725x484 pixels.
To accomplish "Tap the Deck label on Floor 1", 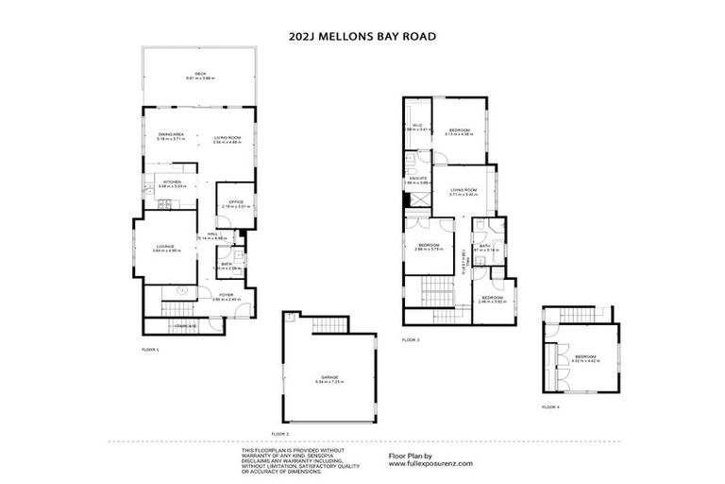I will click(199, 73).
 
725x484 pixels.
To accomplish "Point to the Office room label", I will click(234, 203).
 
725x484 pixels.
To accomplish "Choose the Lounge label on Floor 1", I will click(166, 248).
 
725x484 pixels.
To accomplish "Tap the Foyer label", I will click(227, 295).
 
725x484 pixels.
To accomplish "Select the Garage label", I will click(329, 379).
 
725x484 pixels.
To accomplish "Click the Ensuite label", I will click(417, 178).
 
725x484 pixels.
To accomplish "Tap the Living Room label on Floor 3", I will click(463, 190).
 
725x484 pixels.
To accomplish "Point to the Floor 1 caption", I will click(150, 350).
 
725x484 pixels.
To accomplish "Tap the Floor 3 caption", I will click(410, 339).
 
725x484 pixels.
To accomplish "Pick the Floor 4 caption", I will click(550, 406).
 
